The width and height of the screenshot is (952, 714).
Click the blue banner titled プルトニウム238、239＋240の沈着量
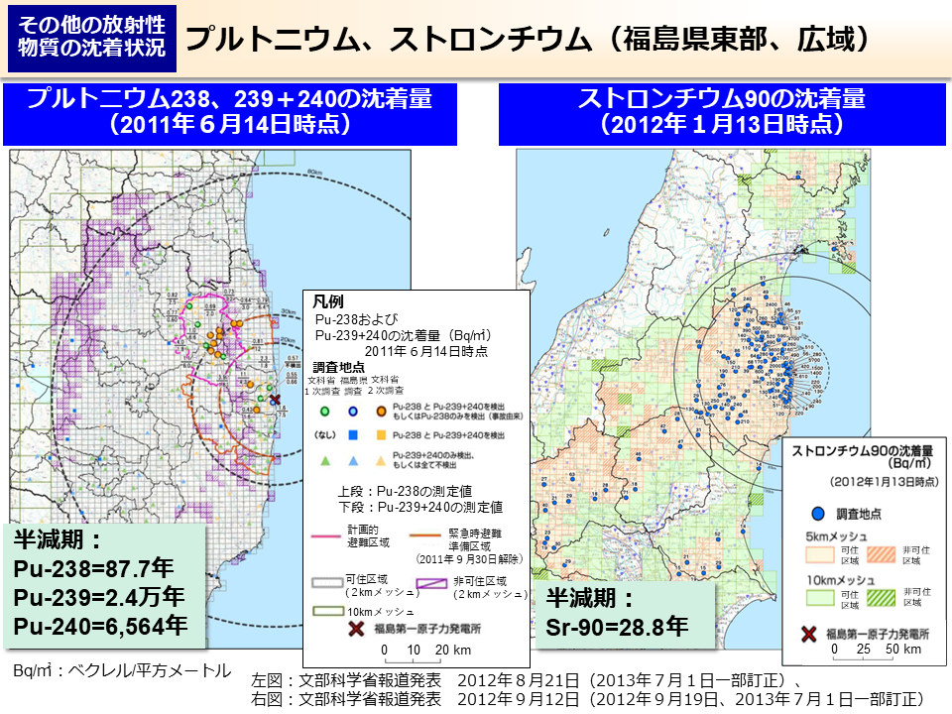click(229, 112)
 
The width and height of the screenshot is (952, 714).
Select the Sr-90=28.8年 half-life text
click(617, 627)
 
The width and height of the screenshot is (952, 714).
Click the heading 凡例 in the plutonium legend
click(327, 300)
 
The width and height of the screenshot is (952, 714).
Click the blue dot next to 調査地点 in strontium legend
click(818, 514)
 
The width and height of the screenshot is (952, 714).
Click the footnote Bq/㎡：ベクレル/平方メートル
click(121, 670)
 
